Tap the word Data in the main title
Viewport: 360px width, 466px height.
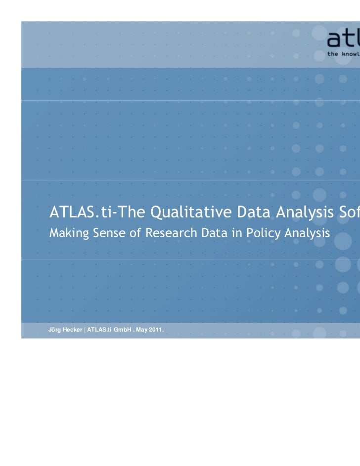pos(241,213)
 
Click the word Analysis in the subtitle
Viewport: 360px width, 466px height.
pos(307,232)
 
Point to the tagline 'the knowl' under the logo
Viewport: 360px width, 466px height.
pos(343,53)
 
